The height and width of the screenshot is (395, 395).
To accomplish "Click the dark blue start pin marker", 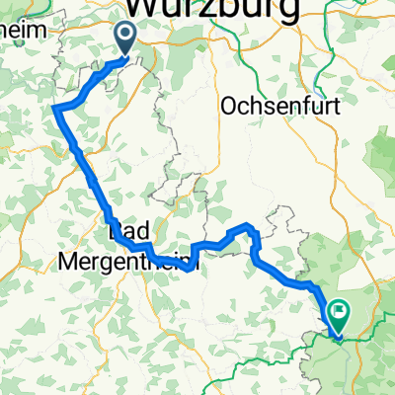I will (x=127, y=39).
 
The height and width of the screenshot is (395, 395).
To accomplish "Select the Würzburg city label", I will (x=213, y=10).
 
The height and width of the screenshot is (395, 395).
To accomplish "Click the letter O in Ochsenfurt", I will (x=233, y=104).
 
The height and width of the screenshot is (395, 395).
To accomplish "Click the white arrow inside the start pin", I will (x=127, y=37).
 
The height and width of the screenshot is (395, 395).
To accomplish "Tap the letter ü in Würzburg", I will (x=175, y=9).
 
